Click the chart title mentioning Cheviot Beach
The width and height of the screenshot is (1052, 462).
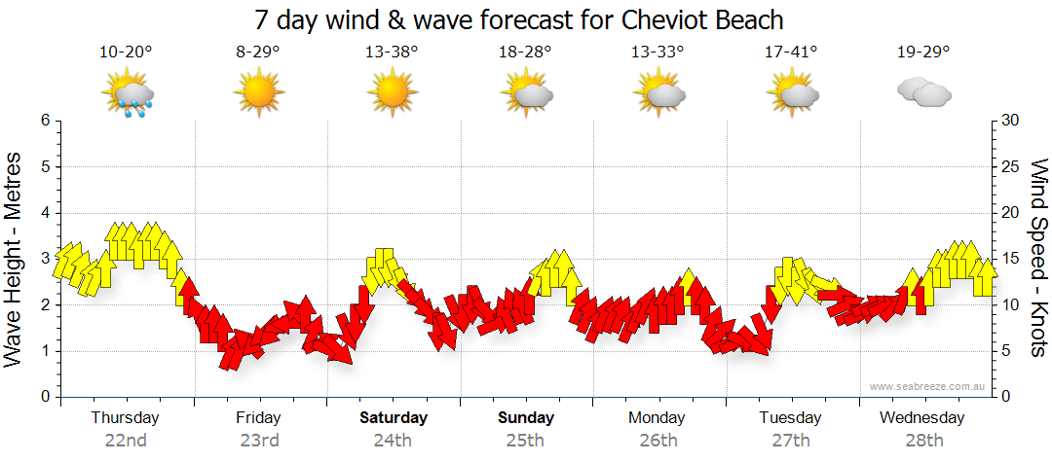[x=519, y=19]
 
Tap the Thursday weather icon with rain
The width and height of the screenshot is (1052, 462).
[x=127, y=95]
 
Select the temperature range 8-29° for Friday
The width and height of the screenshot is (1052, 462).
[x=258, y=53]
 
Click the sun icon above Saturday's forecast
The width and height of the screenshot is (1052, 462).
[x=392, y=93]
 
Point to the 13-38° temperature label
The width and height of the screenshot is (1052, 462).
[x=392, y=53]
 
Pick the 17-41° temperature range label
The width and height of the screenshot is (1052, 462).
[x=791, y=53]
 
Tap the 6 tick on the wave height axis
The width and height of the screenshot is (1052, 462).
[x=44, y=121]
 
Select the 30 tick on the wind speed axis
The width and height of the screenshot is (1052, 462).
[x=1009, y=121]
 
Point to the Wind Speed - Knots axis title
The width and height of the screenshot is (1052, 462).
[x=1038, y=258]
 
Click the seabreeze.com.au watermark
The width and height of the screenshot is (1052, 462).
[x=929, y=387]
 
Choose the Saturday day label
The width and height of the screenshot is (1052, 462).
[x=394, y=418]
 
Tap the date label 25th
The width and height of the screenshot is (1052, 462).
[x=525, y=440]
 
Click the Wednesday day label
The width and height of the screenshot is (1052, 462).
[x=921, y=418]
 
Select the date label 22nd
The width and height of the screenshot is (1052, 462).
[x=126, y=440]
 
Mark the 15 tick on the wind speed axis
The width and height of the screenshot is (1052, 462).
[x=1009, y=259]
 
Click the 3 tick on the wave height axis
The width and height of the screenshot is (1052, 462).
[x=44, y=259]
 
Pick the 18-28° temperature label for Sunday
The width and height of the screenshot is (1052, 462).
[x=525, y=53]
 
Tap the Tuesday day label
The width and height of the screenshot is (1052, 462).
[x=790, y=418]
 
